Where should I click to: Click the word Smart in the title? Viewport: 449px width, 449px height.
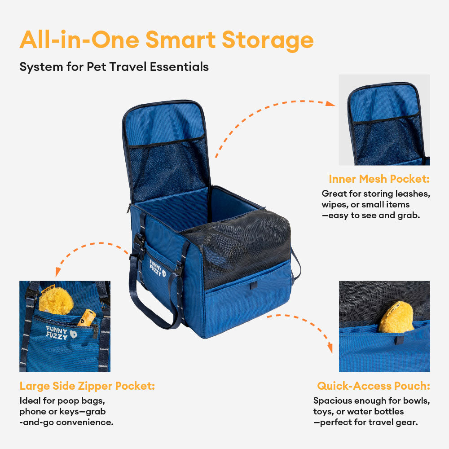tap(180, 40)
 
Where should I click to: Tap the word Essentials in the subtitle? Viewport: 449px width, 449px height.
tap(179, 67)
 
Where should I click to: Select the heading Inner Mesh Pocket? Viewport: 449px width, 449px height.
tap(379, 179)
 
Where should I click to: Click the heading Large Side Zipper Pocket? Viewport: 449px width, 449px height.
tap(87, 386)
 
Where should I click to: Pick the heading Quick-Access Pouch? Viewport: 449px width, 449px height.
tap(374, 386)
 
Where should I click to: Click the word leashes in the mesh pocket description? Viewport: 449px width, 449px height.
tap(413, 194)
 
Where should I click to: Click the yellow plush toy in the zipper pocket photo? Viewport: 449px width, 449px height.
tap(56, 300)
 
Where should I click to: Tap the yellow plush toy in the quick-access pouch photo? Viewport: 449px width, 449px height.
tap(396, 317)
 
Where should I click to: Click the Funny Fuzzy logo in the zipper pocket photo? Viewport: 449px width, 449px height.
tap(61, 333)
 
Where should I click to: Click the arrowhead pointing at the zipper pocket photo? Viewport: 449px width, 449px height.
tap(57, 273)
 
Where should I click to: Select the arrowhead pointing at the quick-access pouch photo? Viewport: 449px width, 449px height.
tap(330, 348)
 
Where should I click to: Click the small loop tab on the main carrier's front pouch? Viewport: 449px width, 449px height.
tap(252, 285)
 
